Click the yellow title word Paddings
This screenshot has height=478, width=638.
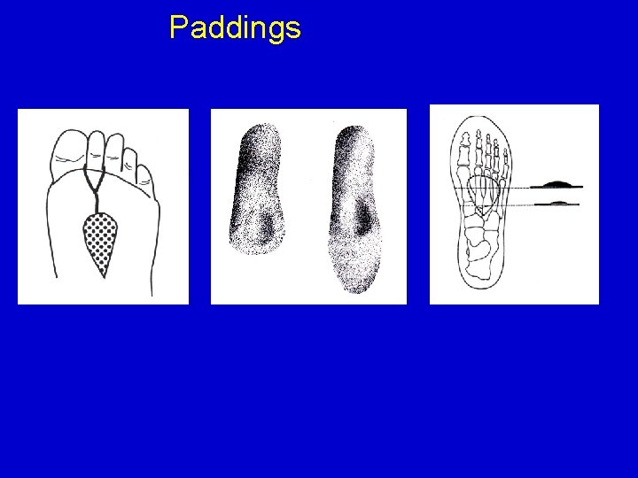235,27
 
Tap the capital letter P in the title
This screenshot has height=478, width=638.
178,27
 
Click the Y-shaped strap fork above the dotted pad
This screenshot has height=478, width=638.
95,188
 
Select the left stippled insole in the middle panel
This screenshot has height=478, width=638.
256,189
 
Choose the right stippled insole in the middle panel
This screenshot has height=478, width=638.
355,209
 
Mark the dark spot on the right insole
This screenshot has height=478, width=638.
362,220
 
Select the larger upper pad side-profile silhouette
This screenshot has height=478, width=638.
556,184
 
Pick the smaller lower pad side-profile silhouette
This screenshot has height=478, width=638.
556,203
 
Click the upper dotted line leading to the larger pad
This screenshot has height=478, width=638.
493,188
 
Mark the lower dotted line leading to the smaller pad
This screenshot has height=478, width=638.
499,205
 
